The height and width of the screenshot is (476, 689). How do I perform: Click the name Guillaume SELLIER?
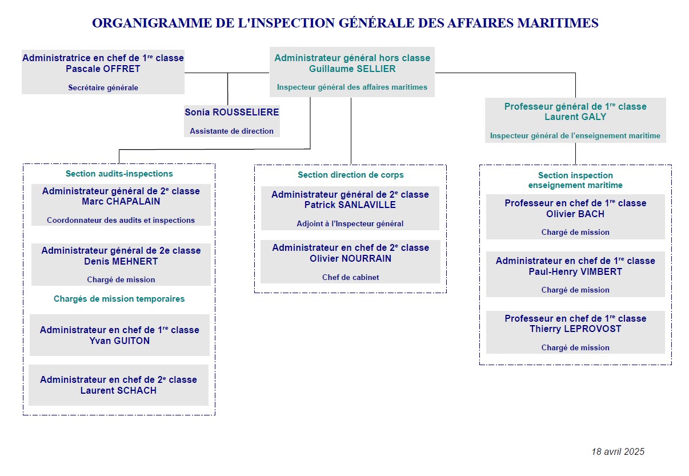[352, 69]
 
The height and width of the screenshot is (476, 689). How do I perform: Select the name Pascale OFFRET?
[103, 69]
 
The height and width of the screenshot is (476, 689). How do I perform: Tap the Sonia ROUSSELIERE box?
[231, 121]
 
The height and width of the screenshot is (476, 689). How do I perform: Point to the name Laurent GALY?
[575, 117]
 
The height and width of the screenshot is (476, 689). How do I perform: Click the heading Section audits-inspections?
[119, 174]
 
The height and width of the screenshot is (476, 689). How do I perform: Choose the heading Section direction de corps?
[350, 175]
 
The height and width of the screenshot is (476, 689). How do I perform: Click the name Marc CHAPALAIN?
[121, 202]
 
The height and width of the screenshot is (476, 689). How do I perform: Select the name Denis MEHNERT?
[121, 261]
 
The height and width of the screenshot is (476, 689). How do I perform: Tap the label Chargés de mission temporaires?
[119, 299]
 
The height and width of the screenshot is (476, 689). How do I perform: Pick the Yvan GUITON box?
[119, 335]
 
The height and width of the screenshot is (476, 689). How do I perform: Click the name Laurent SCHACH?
[118, 390]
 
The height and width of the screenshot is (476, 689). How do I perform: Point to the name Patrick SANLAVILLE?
[350, 205]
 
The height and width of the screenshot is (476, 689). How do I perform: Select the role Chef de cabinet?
[350, 277]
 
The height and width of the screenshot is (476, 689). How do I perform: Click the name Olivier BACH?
[575, 214]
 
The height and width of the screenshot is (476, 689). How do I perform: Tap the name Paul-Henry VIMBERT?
[575, 271]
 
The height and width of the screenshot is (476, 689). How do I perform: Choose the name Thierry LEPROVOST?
[575, 329]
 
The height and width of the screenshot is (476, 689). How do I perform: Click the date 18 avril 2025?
[618, 451]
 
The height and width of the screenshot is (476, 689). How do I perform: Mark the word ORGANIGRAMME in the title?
[153, 23]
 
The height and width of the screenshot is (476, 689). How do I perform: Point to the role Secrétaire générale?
[103, 87]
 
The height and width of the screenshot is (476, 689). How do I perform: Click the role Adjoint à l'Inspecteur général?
[350, 223]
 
